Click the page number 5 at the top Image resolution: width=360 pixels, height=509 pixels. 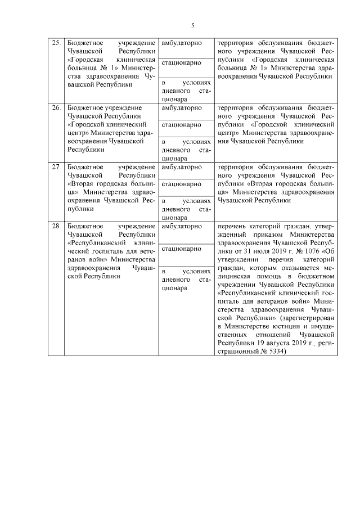(x=193, y=26)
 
